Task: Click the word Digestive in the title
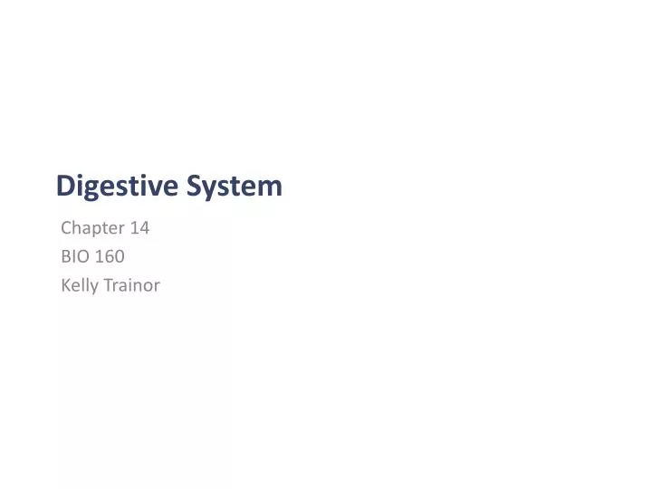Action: point(118,186)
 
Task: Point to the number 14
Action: point(139,228)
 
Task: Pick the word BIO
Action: point(74,256)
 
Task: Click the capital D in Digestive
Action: point(65,186)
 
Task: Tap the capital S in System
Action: point(196,186)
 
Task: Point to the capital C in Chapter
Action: point(66,228)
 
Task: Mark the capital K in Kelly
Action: point(66,285)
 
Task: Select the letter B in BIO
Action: point(66,256)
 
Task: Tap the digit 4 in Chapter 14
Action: point(144,228)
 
